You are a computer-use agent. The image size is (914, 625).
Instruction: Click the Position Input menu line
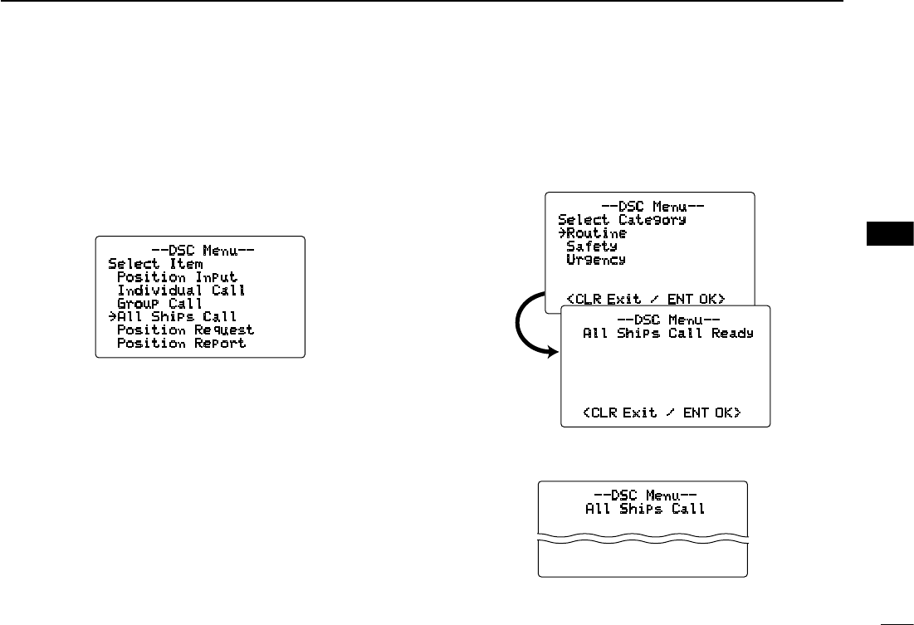click(x=177, y=277)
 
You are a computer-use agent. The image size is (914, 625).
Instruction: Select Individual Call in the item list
click(x=181, y=291)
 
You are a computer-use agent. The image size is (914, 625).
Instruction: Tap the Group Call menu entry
click(x=159, y=304)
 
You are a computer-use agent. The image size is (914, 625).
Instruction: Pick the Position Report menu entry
click(x=181, y=344)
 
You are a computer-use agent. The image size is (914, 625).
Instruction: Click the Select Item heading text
click(x=155, y=264)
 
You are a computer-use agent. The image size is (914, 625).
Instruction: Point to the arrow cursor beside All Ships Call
click(x=112, y=317)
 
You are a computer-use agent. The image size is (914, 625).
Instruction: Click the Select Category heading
click(x=622, y=220)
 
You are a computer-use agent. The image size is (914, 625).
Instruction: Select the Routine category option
click(x=596, y=233)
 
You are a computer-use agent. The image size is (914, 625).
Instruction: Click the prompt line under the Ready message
click(x=661, y=413)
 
